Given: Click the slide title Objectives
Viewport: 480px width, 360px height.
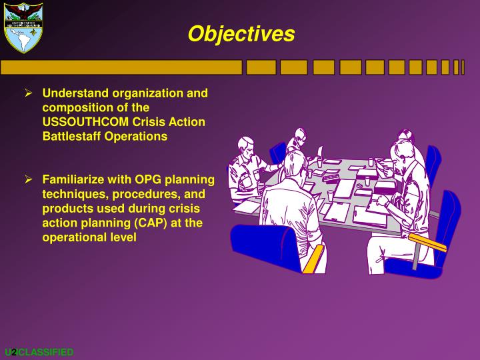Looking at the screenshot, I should (241, 34).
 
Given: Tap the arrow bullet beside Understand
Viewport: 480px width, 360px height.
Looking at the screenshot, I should (29, 93).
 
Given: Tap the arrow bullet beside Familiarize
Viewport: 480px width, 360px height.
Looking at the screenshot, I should (29, 180).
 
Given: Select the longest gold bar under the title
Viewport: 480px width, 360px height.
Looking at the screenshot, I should (121, 67).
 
